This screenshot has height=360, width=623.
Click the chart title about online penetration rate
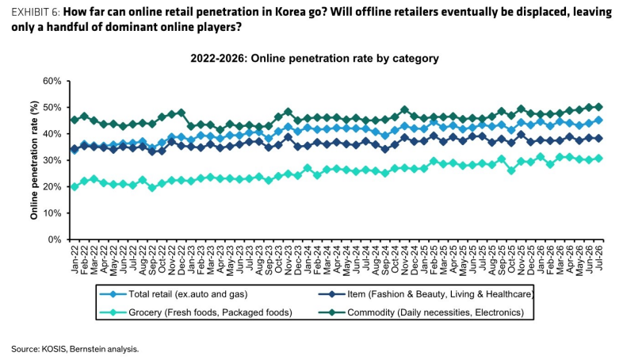[315, 59]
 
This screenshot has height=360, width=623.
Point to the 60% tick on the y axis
[52, 82]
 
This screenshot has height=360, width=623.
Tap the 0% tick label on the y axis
[55, 239]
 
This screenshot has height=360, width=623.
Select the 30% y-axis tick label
[52, 160]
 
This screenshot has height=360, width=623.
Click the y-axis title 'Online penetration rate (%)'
[34, 160]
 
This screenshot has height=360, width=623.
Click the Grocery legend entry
[196, 312]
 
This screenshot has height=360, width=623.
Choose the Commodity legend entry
[421, 312]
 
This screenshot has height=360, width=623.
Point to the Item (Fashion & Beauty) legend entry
[426, 294]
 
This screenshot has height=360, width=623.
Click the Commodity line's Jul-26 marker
[598, 107]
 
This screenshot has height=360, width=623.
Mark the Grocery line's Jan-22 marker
[75, 186]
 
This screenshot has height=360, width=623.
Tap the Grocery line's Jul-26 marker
[598, 158]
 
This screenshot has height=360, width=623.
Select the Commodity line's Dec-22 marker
[182, 113]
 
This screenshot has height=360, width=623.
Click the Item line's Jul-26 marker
[598, 138]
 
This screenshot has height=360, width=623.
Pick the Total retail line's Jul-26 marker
[598, 120]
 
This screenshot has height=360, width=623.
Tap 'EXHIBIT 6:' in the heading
[36, 12]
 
